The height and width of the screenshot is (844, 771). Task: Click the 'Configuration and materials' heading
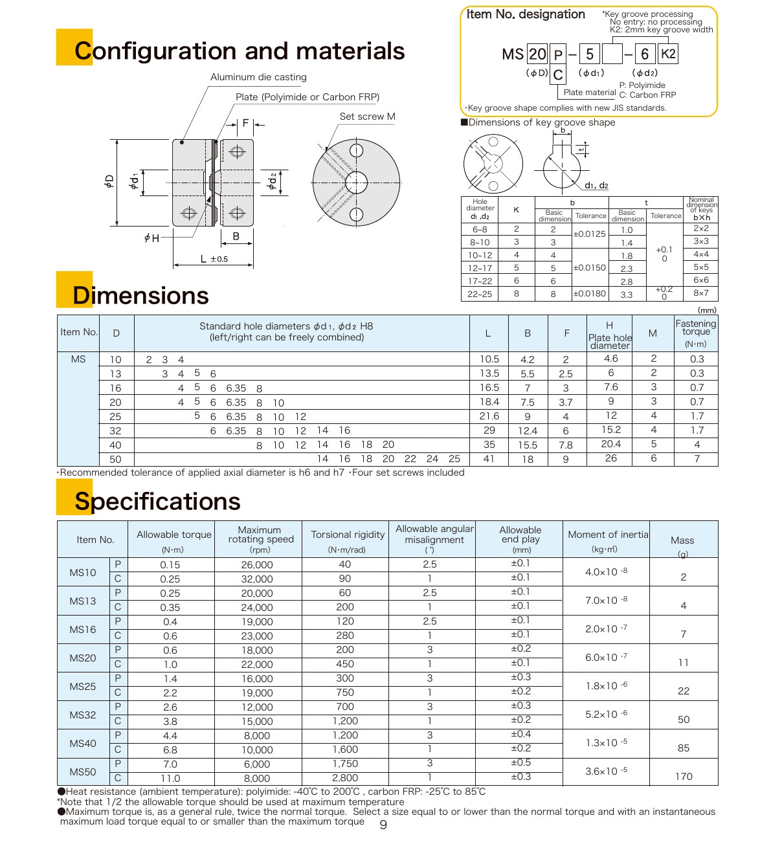coord(240,51)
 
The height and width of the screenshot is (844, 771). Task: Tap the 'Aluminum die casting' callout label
coord(258,77)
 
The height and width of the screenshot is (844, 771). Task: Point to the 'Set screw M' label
coord(367,117)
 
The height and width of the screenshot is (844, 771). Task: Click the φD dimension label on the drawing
coord(109,182)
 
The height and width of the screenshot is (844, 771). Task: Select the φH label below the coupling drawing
coord(151,238)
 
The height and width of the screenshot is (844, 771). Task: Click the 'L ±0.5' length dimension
coord(214,259)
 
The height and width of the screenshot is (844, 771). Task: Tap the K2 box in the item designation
coord(668,54)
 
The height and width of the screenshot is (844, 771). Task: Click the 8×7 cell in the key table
coord(700,293)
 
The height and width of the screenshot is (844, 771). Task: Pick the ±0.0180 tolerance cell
coord(590,293)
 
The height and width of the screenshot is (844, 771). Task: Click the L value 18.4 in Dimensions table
coord(489,402)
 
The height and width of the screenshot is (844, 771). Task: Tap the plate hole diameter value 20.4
coord(610,444)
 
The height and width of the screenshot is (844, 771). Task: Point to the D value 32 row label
coord(115,431)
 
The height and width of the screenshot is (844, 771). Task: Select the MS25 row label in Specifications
coord(83,686)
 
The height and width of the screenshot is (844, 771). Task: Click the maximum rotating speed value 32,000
coord(257,579)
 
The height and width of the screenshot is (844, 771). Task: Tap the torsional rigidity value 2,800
coord(345,778)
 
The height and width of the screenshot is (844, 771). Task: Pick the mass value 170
coord(684,777)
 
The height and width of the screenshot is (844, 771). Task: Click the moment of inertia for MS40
coord(606,743)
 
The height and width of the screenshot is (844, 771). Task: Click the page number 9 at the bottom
coord(383,825)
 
